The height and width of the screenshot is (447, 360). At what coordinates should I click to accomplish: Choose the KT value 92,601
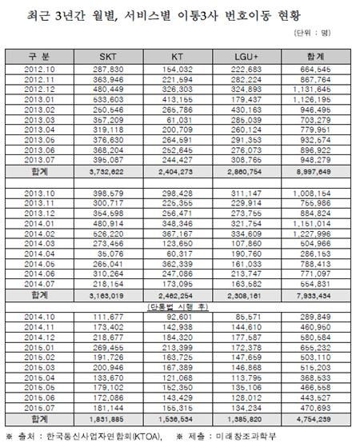[183, 317]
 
